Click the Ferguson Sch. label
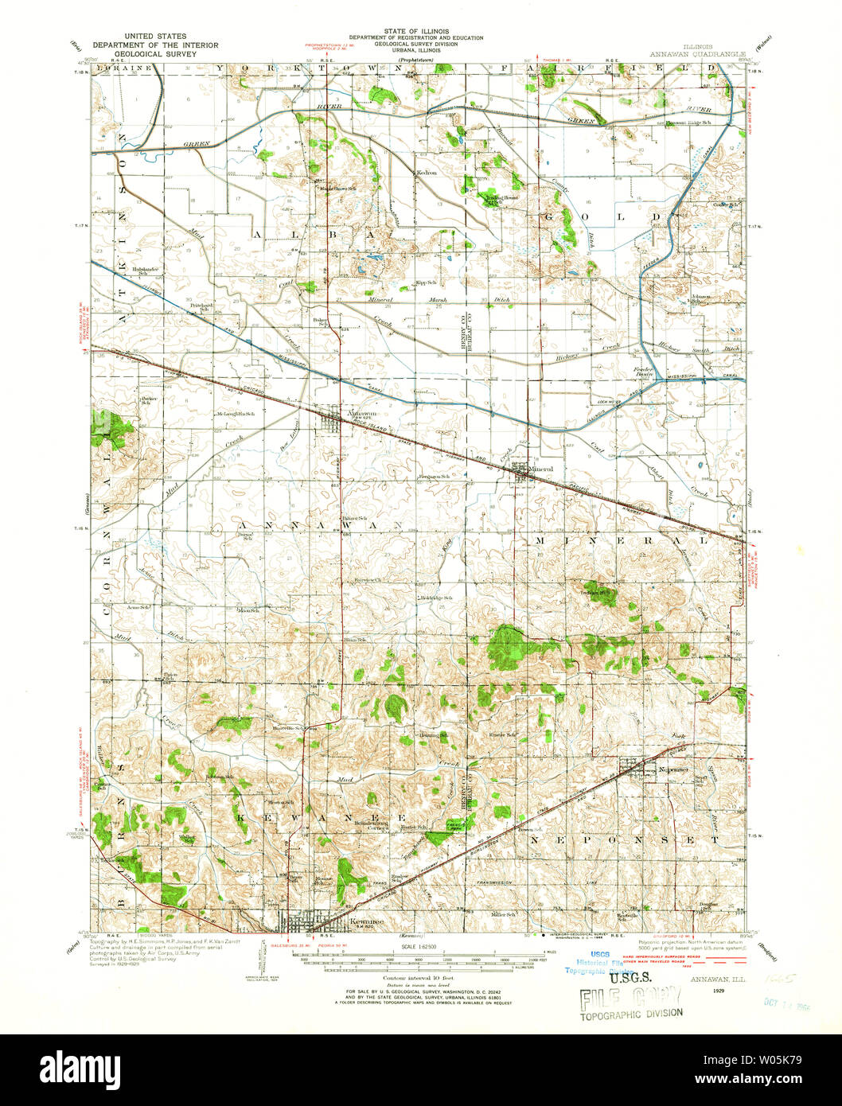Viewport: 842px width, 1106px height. pos(435,477)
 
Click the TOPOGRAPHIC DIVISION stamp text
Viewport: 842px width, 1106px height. pos(630,1013)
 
